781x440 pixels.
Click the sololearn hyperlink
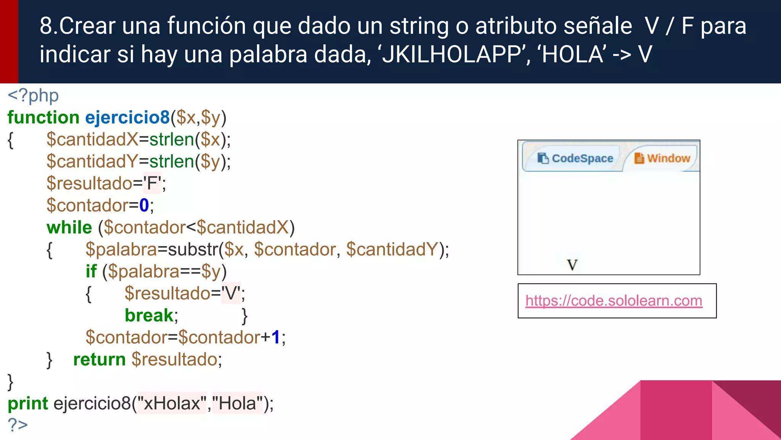click(614, 301)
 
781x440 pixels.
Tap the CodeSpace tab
click(575, 158)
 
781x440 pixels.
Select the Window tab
click(662, 158)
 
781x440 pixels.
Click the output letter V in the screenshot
click(572, 265)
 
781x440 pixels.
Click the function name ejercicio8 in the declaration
click(127, 117)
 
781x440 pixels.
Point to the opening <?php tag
click(33, 95)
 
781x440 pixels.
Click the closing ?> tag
click(18, 425)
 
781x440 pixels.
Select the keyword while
click(69, 228)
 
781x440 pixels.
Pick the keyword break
click(149, 315)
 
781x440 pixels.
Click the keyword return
click(99, 359)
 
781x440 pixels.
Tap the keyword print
click(28, 403)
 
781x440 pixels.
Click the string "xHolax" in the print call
click(172, 403)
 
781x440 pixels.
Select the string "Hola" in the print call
click(238, 403)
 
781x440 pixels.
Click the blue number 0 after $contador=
click(144, 205)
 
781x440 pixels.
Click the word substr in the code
click(193, 249)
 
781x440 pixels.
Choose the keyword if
click(91, 272)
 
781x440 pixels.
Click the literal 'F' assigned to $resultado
click(153, 183)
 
